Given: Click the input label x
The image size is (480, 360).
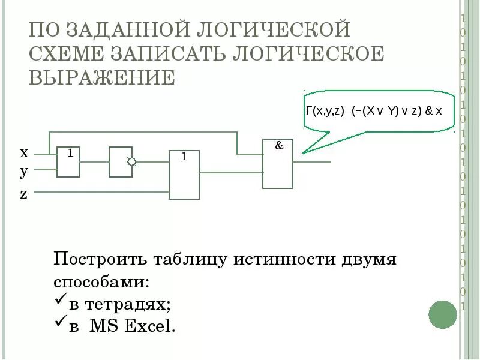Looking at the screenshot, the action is pos(24,152).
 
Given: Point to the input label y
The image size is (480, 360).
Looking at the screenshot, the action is pos(24,172).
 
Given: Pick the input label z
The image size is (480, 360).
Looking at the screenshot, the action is pos(24,194).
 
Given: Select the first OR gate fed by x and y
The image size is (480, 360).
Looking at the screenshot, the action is pos(68,161).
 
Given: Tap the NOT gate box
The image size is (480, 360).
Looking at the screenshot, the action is pos(120,161).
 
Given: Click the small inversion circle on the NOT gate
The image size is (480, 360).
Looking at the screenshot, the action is pos(131,161).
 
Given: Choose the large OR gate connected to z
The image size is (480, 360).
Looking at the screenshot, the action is pos(184,175).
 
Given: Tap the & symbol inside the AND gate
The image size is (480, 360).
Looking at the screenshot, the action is pos(279,146).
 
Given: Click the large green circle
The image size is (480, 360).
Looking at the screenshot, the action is pos(443,314).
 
